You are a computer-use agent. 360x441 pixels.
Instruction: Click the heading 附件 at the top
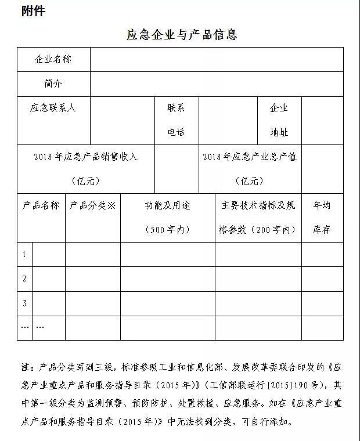pyautogui.click(x=33, y=11)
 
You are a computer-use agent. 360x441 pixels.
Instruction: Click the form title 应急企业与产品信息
pyautogui.click(x=182, y=35)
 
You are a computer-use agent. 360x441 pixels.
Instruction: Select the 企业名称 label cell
pyautogui.click(x=53, y=59)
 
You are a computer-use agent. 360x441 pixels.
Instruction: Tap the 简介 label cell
pyautogui.click(x=53, y=84)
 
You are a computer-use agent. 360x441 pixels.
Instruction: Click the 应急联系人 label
pyautogui.click(x=53, y=108)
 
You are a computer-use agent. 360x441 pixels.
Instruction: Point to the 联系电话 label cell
pyautogui.click(x=177, y=120)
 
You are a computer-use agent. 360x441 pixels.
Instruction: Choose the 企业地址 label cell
pyautogui.click(x=279, y=120)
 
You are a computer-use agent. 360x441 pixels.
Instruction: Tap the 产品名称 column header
pyautogui.click(x=41, y=205)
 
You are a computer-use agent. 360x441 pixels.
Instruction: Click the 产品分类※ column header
pyautogui.click(x=93, y=205)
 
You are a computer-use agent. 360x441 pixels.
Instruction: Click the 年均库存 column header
pyautogui.click(x=322, y=217)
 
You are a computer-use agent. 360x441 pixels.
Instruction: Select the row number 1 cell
pyautogui.click(x=24, y=254)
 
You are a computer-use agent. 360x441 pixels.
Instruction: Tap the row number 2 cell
pyautogui.click(x=24, y=279)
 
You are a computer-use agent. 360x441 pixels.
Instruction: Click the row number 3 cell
pyautogui.click(x=24, y=303)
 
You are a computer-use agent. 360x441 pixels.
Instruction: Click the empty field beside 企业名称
pyautogui.click(x=216, y=59)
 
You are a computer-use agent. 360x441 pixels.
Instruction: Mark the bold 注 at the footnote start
pyautogui.click(x=27, y=368)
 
